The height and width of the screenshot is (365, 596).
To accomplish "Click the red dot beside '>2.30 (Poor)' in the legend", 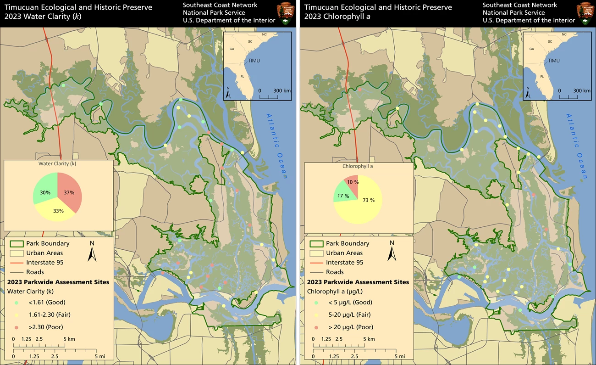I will pos(17,327).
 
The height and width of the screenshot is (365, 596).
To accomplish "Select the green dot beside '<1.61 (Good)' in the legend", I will pos(17,303).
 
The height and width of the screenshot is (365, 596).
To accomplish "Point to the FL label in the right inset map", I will pos(541,77).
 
